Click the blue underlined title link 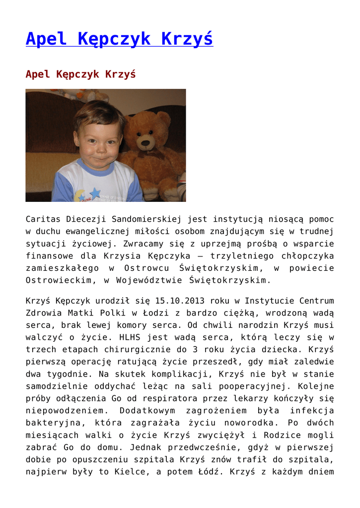119,39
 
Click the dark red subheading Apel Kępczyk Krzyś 80,74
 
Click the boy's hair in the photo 99,113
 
